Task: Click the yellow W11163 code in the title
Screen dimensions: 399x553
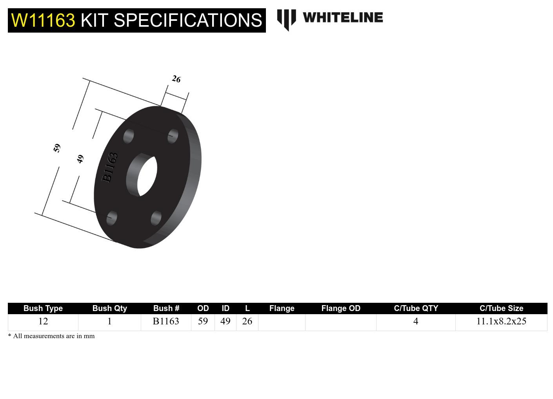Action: click(43, 20)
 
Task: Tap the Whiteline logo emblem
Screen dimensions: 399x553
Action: click(286, 20)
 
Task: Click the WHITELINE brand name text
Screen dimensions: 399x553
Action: click(343, 18)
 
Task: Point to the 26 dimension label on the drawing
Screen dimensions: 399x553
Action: click(176, 79)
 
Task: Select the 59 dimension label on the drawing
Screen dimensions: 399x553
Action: click(57, 148)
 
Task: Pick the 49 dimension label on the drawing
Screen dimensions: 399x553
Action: click(80, 159)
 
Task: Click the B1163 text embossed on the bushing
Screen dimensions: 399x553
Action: click(109, 167)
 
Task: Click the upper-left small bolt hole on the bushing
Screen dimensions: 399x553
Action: click(128, 136)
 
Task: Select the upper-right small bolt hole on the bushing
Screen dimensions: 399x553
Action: click(173, 136)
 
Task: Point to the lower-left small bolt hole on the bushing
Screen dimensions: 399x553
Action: click(112, 218)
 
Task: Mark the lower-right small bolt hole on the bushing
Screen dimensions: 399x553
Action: click(156, 218)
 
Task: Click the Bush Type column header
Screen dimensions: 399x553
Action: click(43, 308)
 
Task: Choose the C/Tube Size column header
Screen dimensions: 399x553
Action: click(501, 308)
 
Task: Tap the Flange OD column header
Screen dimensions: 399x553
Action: click(340, 308)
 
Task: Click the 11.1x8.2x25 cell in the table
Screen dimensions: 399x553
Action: click(501, 321)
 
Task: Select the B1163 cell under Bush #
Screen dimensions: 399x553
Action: click(166, 321)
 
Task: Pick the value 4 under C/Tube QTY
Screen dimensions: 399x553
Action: click(416, 321)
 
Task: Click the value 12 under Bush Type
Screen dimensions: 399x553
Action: click(43, 321)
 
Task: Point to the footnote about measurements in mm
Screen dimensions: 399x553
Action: click(51, 336)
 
